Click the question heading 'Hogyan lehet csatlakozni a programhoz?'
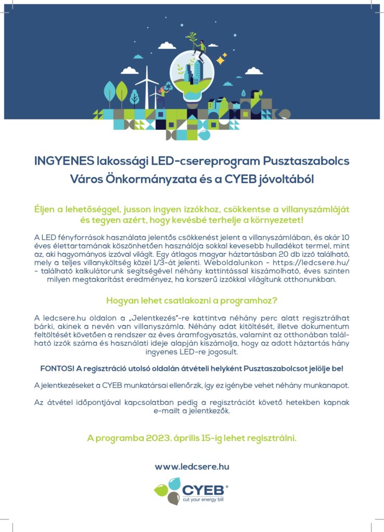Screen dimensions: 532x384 click(191, 300)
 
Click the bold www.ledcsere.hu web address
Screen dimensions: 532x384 click(191, 467)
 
